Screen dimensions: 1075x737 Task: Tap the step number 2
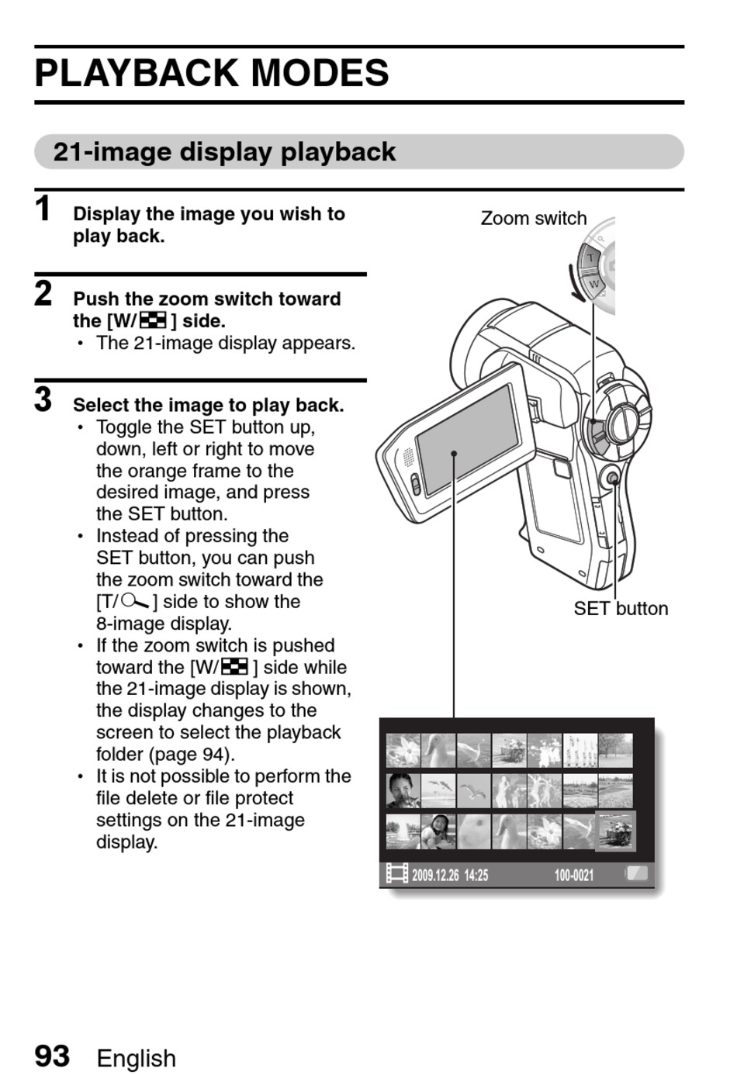point(43,293)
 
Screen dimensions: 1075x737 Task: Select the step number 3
point(43,399)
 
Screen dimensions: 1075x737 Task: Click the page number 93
point(52,1056)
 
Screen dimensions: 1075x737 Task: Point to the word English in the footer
point(137,1058)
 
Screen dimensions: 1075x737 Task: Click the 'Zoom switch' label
point(533,219)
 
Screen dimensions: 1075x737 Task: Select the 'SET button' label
point(621,609)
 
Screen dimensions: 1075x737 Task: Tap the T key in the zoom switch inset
point(591,257)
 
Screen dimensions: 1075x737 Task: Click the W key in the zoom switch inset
point(593,285)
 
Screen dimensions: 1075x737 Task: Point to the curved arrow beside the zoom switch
point(574,284)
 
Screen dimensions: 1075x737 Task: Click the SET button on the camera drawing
point(612,479)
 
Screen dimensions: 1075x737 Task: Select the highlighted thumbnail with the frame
point(615,831)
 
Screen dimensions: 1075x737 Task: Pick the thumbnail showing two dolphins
point(438,790)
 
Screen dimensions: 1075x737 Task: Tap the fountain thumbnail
point(403,831)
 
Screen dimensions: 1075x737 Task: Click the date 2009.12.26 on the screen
point(437,876)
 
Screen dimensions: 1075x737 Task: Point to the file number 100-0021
point(574,876)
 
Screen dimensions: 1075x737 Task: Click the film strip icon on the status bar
point(397,874)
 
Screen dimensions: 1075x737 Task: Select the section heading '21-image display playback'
point(224,152)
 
